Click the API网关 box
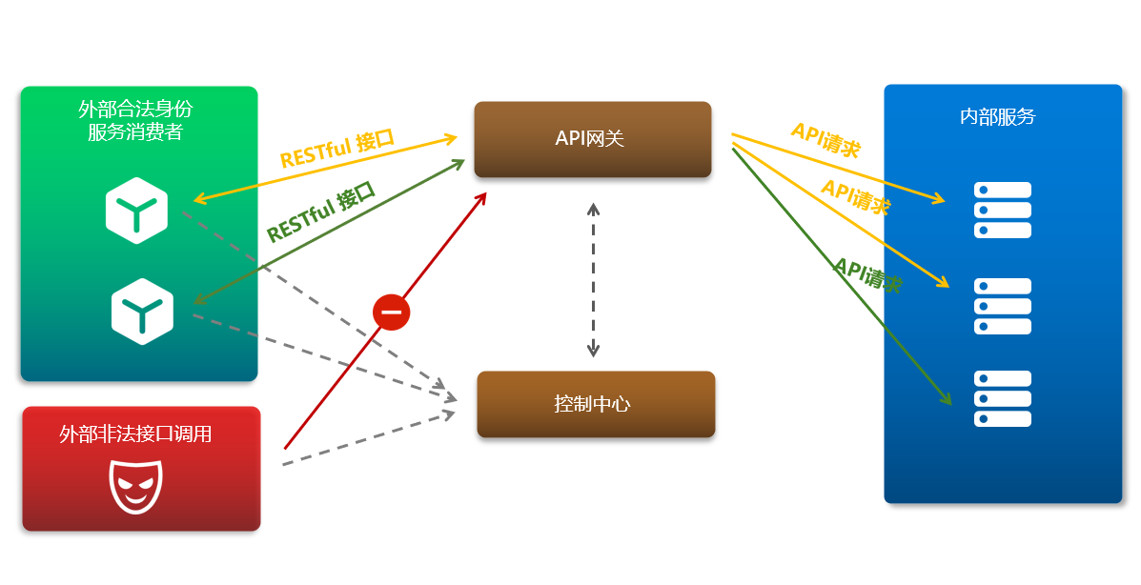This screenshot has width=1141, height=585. (592, 139)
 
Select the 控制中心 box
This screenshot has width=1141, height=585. (595, 404)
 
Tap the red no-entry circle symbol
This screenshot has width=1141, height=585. (391, 312)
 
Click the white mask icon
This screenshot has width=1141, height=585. (137, 486)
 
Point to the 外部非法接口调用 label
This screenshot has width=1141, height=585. (135, 434)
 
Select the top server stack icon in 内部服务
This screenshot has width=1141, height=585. (1002, 210)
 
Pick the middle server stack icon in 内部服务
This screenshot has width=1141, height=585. (1002, 306)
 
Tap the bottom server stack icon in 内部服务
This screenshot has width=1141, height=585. (1002, 398)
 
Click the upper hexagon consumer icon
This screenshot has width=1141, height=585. (137, 210)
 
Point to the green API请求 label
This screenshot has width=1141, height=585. (867, 275)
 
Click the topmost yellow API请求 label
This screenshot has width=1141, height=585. (825, 139)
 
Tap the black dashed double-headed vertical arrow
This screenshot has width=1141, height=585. (593, 280)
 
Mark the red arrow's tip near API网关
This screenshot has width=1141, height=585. (485, 193)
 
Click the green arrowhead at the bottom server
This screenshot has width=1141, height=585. (947, 400)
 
